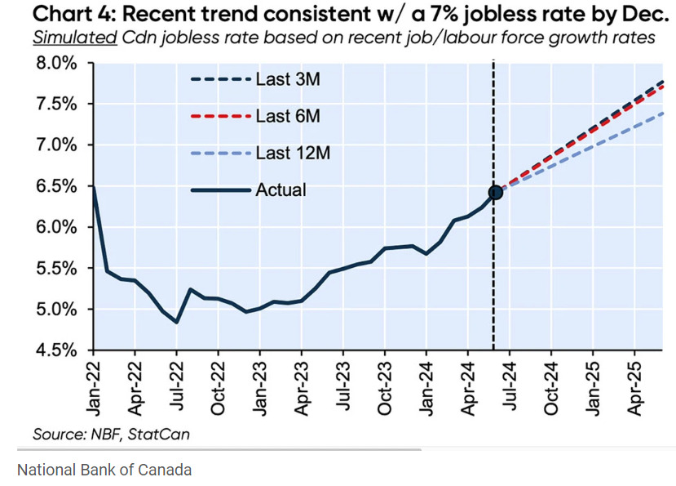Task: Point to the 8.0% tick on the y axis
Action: click(54, 64)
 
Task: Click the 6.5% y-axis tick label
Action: click(54, 186)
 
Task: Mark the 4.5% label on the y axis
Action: click(54, 350)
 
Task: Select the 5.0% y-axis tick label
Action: click(54, 310)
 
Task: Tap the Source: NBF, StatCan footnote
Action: click(111, 434)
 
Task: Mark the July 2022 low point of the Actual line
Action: click(176, 322)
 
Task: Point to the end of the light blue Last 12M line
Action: click(661, 114)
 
